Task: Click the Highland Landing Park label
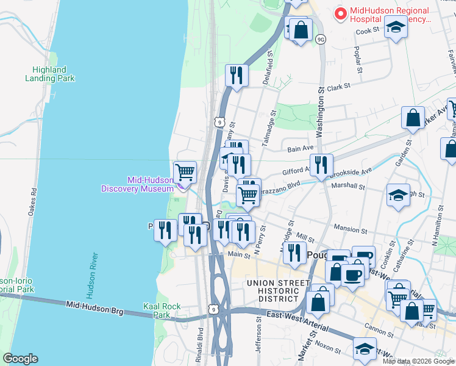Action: [50, 74]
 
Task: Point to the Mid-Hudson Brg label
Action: [94, 307]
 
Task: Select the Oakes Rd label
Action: [33, 200]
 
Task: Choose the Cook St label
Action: [368, 31]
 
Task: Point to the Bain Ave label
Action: [299, 148]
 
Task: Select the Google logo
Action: [20, 359]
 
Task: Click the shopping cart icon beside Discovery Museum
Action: [185, 171]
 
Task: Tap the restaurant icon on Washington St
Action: [321, 165]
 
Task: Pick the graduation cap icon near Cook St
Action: [396, 27]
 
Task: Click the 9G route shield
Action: [321, 39]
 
